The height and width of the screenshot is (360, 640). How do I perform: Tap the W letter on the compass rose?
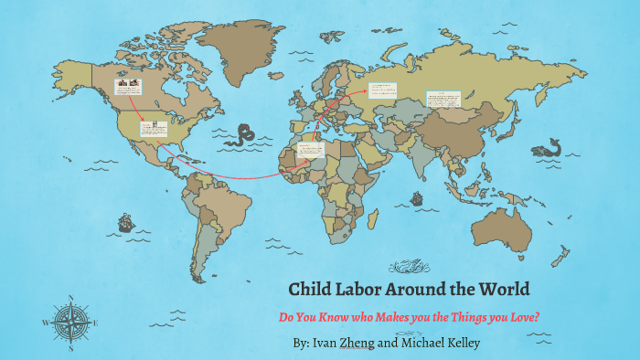(x=45, y=323)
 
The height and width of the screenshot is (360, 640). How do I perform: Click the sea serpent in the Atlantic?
(x=242, y=136)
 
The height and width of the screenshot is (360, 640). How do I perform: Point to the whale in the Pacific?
(x=551, y=147)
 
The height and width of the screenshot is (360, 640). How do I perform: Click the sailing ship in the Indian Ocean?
(x=417, y=197)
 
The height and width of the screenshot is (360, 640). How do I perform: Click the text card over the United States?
(x=154, y=127)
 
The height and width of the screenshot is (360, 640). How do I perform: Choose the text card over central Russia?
(x=383, y=90)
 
